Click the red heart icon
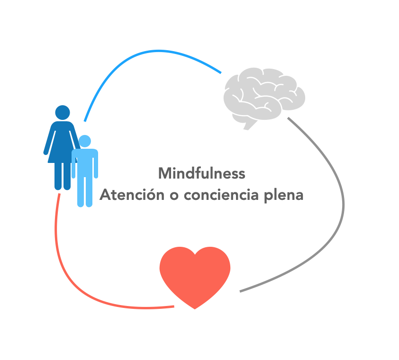[195, 275]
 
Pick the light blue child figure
[85, 171]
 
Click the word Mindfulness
[202, 173]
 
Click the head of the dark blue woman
[63, 112]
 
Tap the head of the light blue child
[85, 141]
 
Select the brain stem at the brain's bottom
[249, 125]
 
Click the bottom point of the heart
[195, 307]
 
